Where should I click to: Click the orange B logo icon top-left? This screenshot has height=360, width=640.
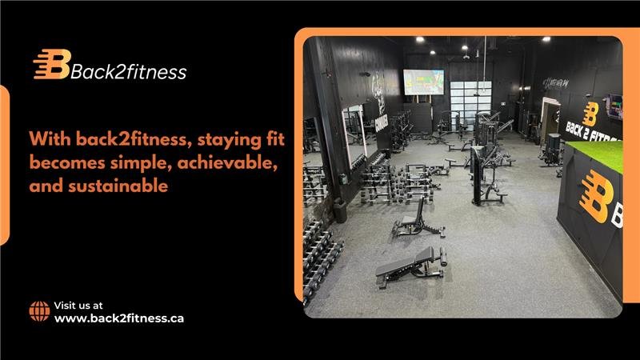(x=51, y=64)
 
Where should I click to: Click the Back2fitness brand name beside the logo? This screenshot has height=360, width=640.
(x=129, y=72)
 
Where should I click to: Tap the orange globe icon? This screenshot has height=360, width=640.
(x=39, y=311)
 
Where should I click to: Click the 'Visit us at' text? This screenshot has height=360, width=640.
(x=78, y=305)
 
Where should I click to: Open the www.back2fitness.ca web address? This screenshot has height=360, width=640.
(x=119, y=318)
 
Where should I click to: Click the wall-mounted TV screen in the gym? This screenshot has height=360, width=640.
(x=423, y=82)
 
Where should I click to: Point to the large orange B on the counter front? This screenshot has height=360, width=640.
(x=595, y=196)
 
